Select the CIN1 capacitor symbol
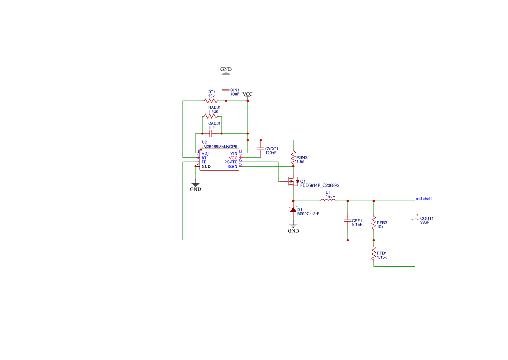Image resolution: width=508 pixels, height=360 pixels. point(226,90)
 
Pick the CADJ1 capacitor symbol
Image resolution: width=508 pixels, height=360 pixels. point(212,133)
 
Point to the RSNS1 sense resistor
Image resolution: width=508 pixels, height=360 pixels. point(293,157)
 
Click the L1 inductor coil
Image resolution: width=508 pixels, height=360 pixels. point(328,200)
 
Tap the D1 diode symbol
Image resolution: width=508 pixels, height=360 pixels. point(293,210)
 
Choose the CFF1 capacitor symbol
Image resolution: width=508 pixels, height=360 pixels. point(348,220)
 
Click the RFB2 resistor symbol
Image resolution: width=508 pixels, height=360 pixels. point(374,223)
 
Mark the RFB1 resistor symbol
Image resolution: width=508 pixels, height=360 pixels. point(374,254)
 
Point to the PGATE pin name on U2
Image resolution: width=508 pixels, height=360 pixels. point(231,162)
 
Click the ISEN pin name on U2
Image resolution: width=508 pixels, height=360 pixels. point(232,167)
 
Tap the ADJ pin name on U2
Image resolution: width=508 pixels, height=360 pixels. point(205,153)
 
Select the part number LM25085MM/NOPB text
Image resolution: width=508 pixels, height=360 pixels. point(219,147)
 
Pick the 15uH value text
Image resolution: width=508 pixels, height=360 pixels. point(331,196)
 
